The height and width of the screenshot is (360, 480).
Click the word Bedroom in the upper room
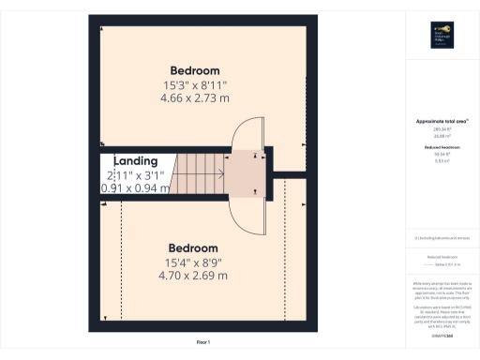(195, 70)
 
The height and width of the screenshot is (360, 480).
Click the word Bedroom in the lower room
(194, 247)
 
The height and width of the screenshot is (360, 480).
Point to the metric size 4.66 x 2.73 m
(194, 97)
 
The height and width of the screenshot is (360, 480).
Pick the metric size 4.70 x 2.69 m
(194, 276)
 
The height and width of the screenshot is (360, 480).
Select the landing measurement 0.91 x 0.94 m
(135, 187)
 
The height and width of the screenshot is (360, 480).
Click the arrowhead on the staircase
(222, 172)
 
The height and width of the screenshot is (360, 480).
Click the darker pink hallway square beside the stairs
(249, 172)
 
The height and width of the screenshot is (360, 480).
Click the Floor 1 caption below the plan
(202, 343)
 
